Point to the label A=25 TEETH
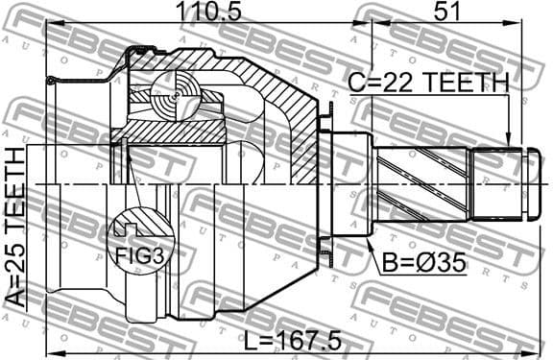point(14,228)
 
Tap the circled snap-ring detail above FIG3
point(129,228)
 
